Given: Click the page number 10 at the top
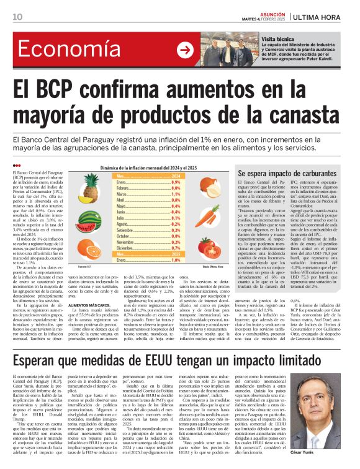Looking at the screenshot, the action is pyautogui.click(x=16, y=17).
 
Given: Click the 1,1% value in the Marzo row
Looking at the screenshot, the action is pyautogui.click(x=175, y=194).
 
